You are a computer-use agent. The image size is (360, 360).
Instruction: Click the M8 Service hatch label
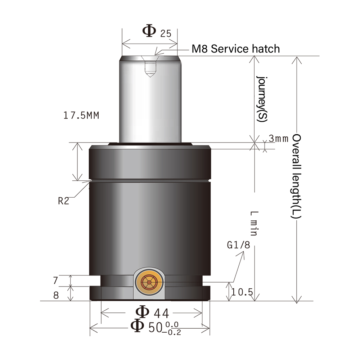235,49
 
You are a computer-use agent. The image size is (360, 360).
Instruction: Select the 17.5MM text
81,116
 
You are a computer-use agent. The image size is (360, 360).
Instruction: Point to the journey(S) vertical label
262,99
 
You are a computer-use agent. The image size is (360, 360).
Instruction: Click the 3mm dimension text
279,139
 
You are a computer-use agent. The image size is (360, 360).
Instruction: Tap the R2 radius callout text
63,201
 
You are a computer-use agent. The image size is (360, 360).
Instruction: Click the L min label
254,223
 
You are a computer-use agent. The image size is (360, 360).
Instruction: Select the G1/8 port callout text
238,245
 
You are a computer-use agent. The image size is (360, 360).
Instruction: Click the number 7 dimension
55,280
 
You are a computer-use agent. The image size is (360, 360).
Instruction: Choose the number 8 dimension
56,295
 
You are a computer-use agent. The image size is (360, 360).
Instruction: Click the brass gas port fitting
149,283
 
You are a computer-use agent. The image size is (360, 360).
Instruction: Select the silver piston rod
150,104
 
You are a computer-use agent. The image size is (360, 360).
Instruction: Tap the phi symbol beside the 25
149,31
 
